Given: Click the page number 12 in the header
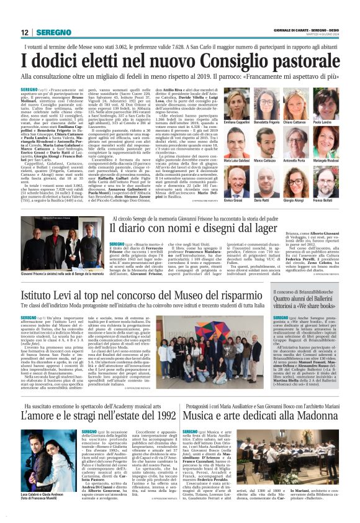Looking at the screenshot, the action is coord(25,32).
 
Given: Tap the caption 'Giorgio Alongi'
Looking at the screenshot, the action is coord(302,202).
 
